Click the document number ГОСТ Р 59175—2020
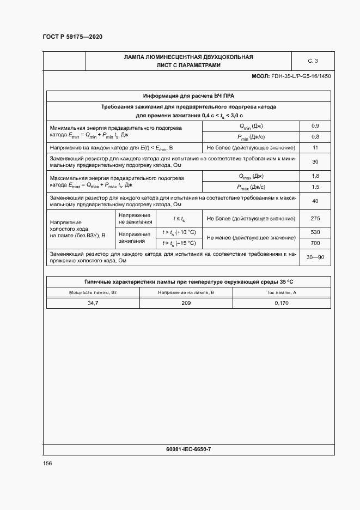click(x=72, y=37)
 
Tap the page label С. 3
click(x=313, y=61)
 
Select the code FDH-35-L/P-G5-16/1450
click(x=301, y=76)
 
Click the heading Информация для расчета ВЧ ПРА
click(x=188, y=95)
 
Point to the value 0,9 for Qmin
click(x=315, y=125)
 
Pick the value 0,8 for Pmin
click(x=315, y=136)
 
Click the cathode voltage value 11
click(x=315, y=148)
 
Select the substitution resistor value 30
click(x=315, y=161)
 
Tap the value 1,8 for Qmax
click(x=315, y=176)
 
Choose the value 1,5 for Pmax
click(x=315, y=187)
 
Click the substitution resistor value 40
click(x=315, y=201)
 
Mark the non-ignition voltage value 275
click(x=315, y=218)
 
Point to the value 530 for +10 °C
click(x=315, y=232)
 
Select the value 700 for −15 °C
click(x=315, y=243)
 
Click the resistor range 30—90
click(x=315, y=257)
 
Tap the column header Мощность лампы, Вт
click(x=93, y=293)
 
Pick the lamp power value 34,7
click(x=93, y=303)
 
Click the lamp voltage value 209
click(x=186, y=303)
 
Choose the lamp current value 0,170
click(x=282, y=303)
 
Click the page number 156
click(x=47, y=463)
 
